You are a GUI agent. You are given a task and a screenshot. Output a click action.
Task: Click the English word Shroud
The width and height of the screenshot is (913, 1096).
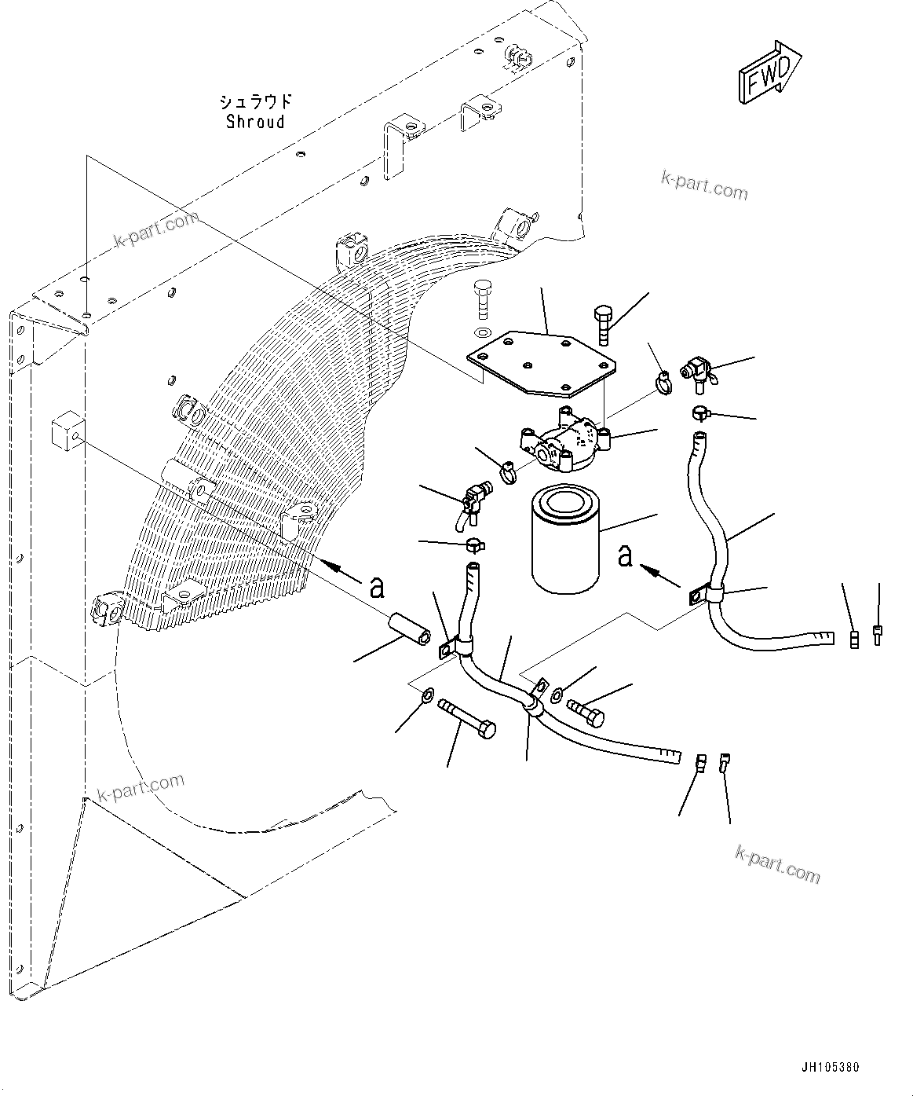(x=255, y=122)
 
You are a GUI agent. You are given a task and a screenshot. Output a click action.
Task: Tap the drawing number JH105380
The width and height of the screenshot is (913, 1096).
(x=831, y=1068)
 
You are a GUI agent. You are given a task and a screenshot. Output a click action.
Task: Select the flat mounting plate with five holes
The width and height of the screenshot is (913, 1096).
(x=539, y=363)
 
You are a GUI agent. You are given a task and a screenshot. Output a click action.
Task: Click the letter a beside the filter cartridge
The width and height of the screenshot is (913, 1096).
(x=625, y=555)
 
